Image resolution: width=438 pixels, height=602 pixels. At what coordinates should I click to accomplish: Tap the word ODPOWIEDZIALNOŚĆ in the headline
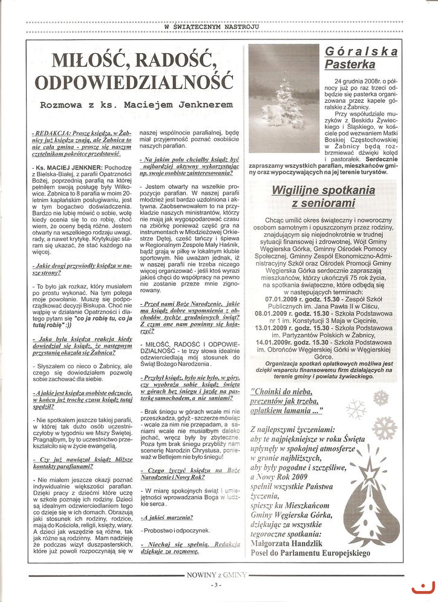pyautogui.click(x=134, y=82)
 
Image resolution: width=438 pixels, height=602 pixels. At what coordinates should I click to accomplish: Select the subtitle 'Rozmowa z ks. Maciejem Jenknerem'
pyautogui.click(x=136, y=105)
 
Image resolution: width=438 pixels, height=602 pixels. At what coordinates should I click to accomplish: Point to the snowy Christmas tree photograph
pyautogui.click(x=284, y=98)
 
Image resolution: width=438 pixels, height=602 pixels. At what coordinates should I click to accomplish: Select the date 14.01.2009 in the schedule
pyautogui.click(x=283, y=341)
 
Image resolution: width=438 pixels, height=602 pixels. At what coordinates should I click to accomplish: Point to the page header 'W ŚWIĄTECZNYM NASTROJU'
pyautogui.click(x=220, y=27)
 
